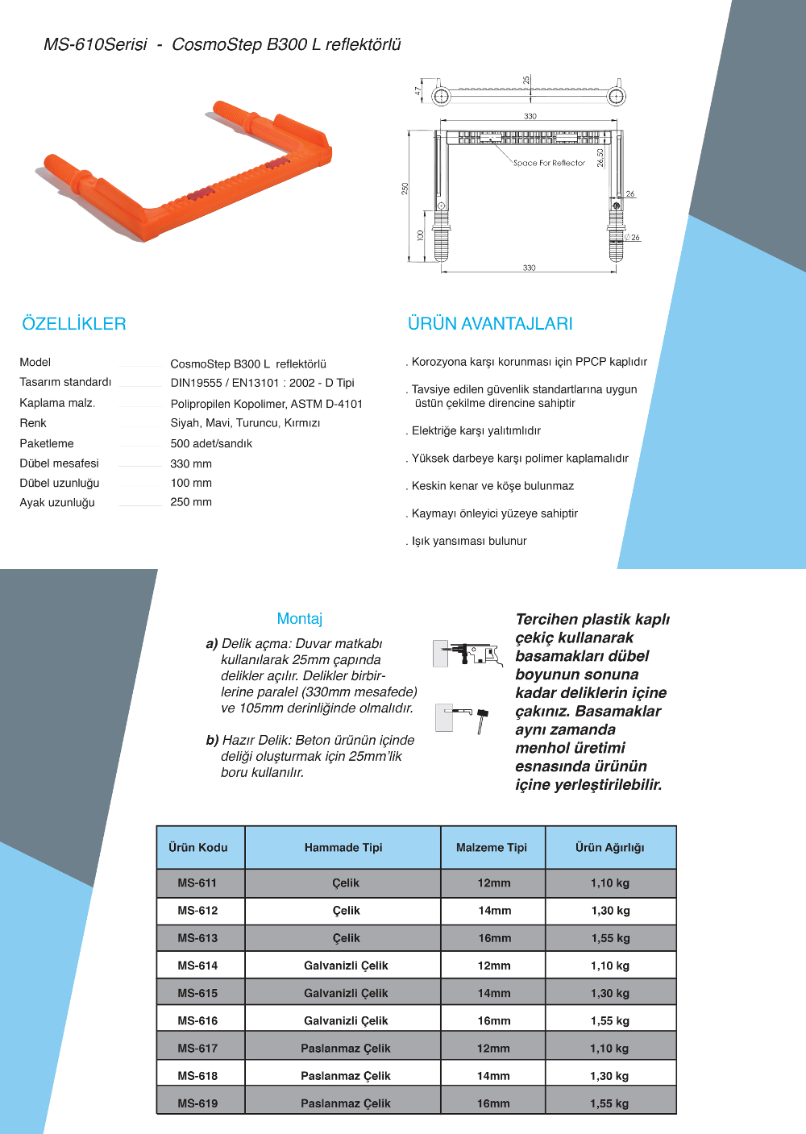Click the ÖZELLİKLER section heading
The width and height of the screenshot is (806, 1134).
point(74,324)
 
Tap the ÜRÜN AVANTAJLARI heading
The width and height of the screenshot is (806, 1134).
point(490,324)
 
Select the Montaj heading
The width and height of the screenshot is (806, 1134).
point(300,619)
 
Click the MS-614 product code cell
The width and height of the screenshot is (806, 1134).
point(197,966)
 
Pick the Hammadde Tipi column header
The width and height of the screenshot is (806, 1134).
point(343,848)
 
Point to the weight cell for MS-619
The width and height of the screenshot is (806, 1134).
point(609,1103)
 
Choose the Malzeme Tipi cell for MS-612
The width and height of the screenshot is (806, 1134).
point(494,911)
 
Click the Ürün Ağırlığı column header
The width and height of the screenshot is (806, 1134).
point(610,848)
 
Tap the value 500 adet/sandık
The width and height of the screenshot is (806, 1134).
point(211,444)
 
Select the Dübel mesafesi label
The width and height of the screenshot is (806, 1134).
point(60,463)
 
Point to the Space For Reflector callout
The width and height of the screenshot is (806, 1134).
point(549,163)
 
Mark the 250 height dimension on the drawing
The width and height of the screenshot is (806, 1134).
point(405,189)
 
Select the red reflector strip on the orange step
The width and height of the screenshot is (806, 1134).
point(202,193)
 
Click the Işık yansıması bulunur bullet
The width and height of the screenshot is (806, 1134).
point(468,542)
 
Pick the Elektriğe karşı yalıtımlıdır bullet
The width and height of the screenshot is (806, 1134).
point(476,431)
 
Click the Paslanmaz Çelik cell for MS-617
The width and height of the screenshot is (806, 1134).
point(345,1049)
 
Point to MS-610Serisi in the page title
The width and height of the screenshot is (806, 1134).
point(95,45)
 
